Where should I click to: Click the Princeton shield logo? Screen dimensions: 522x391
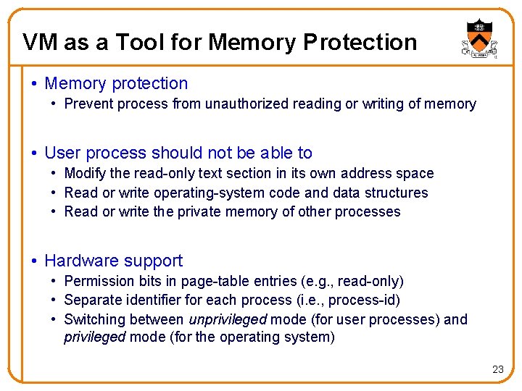(478, 38)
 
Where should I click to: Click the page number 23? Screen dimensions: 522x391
(497, 369)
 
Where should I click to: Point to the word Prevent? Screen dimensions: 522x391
(88, 104)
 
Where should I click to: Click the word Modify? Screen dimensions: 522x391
(83, 174)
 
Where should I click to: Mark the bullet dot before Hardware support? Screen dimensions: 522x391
(35, 261)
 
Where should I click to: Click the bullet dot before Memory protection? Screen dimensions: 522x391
(35, 84)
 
